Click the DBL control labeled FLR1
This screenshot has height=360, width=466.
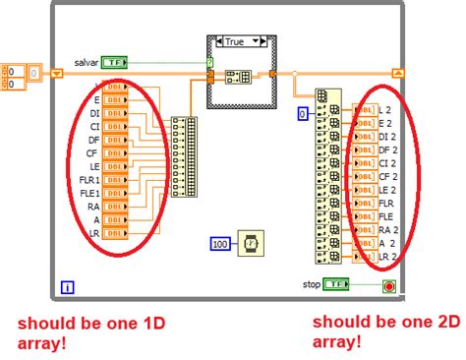(115, 180)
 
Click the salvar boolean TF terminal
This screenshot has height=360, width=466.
(114, 61)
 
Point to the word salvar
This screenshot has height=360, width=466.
(86, 61)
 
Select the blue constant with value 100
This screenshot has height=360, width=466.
(220, 243)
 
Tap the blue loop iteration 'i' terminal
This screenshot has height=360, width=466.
(67, 287)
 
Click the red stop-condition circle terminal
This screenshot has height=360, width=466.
(389, 285)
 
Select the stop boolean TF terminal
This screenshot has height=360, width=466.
(338, 284)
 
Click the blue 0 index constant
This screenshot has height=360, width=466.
(303, 115)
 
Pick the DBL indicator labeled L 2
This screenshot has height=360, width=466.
(364, 110)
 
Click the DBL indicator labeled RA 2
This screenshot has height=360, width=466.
(364, 229)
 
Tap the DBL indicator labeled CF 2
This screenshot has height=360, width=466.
(364, 176)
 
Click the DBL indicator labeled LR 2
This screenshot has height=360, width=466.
(364, 256)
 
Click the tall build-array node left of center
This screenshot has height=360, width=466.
(183, 156)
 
